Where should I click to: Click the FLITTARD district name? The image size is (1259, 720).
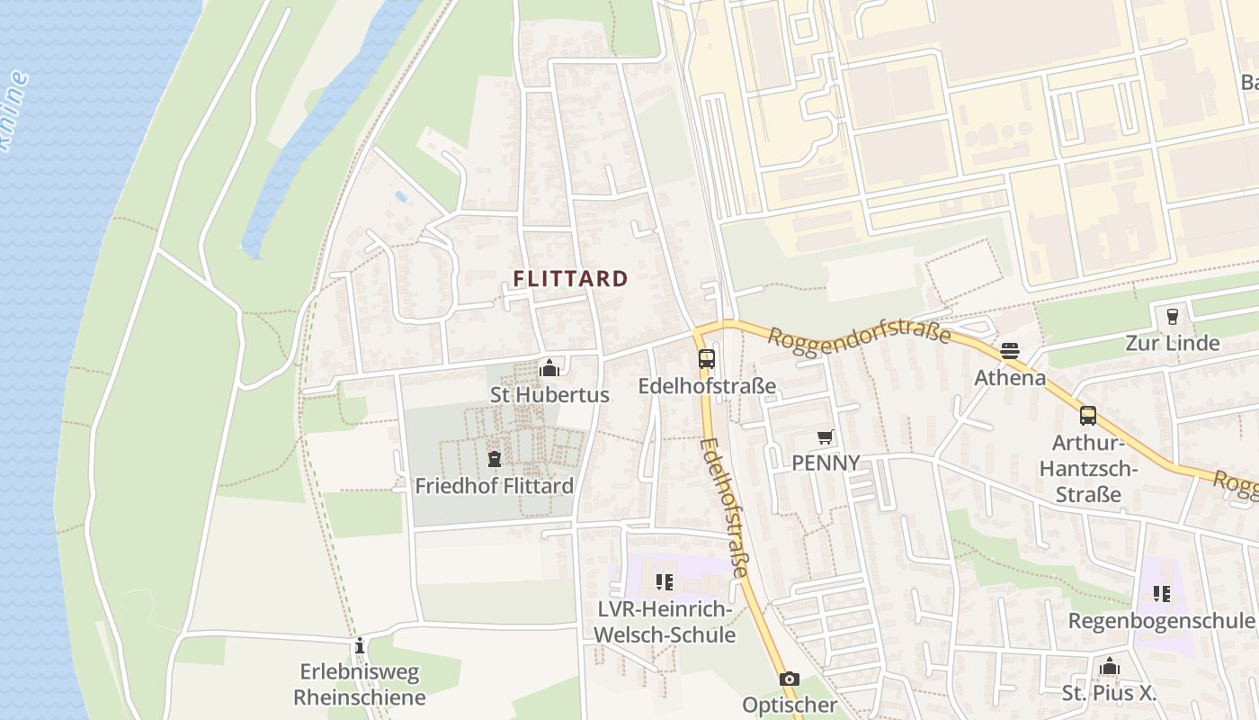pyautogui.click(x=570, y=279)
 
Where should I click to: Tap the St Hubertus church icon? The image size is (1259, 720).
pyautogui.click(x=549, y=368)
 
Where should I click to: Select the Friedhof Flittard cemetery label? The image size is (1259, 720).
pyautogui.click(x=494, y=486)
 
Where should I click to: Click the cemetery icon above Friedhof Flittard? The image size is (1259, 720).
pyautogui.click(x=493, y=459)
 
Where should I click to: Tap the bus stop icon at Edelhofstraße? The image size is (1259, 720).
pyautogui.click(x=707, y=359)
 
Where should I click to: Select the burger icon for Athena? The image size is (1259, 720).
pyautogui.click(x=1010, y=351)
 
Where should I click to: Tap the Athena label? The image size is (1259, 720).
pyautogui.click(x=1010, y=377)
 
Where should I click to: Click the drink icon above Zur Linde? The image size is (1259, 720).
pyautogui.click(x=1172, y=316)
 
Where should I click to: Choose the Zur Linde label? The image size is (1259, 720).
pyautogui.click(x=1172, y=343)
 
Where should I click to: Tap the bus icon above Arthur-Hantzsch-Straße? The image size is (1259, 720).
pyautogui.click(x=1088, y=415)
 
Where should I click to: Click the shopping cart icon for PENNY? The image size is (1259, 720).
pyautogui.click(x=825, y=437)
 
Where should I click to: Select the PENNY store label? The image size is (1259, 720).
pyautogui.click(x=825, y=463)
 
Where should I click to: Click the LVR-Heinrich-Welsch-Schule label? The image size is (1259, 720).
pyautogui.click(x=665, y=622)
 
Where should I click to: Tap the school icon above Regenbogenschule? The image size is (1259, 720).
pyautogui.click(x=1161, y=594)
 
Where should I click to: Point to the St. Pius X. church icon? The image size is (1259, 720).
pyautogui.click(x=1110, y=666)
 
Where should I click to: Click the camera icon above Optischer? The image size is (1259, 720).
pyautogui.click(x=789, y=679)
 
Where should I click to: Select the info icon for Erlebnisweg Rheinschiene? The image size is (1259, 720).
pyautogui.click(x=360, y=645)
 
